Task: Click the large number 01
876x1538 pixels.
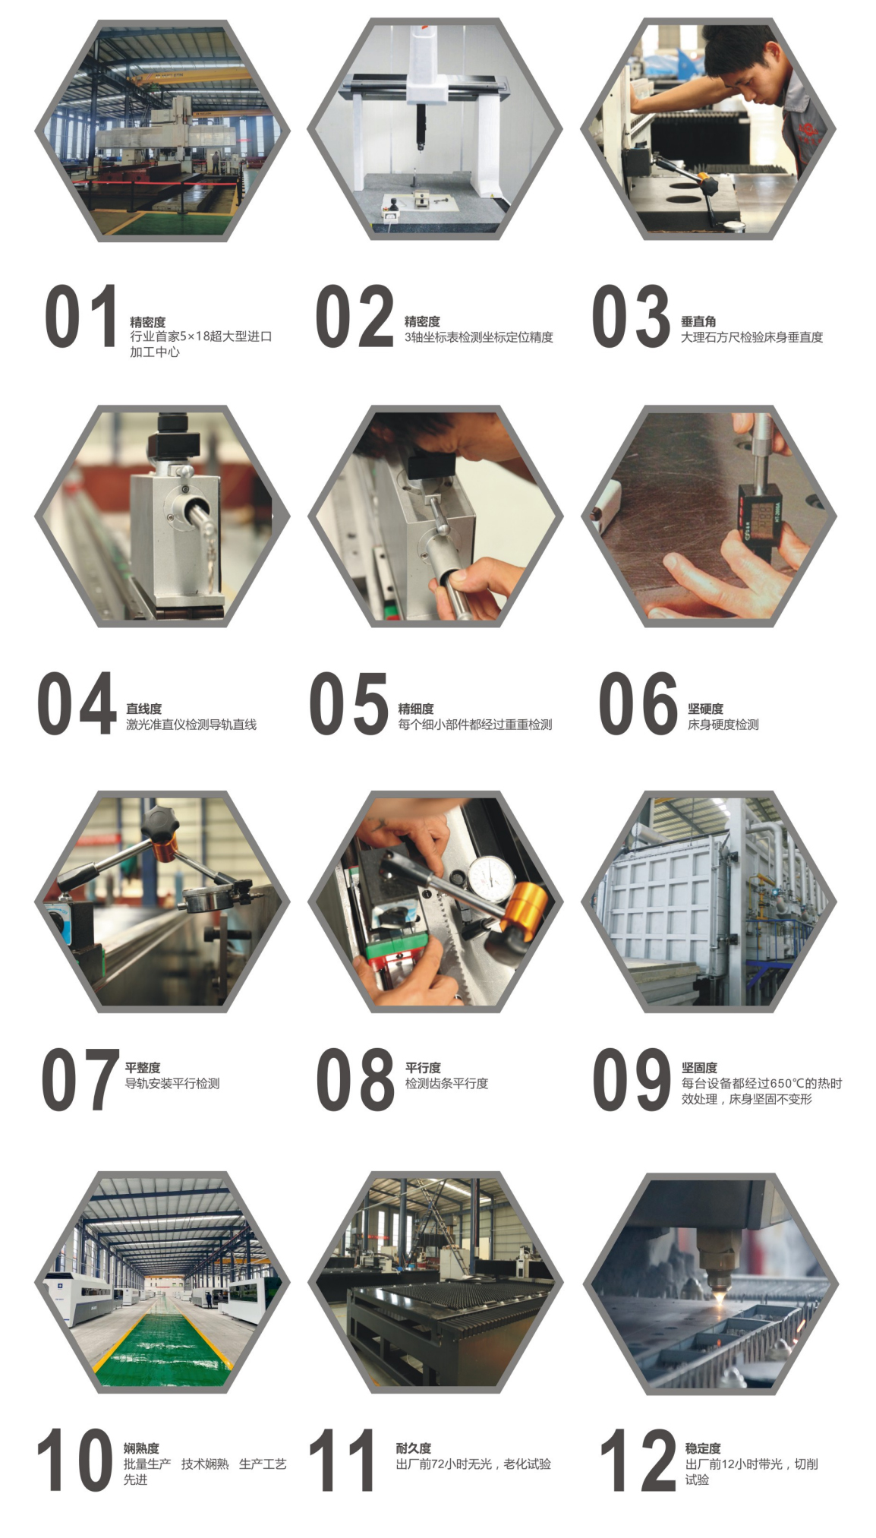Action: pos(80,316)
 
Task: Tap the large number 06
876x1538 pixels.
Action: pos(637,703)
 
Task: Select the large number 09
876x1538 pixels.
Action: pos(631,1079)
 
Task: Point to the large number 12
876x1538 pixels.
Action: pos(637,1460)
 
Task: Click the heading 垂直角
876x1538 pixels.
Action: pos(698,321)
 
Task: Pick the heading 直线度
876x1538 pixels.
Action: pos(143,709)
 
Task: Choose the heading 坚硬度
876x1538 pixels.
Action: pos(705,709)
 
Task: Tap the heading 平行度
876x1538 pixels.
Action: pos(423,1068)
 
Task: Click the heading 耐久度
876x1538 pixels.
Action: pos(413,1448)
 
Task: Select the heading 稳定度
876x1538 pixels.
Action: pos(703,1448)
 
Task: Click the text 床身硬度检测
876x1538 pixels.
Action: pos(723,725)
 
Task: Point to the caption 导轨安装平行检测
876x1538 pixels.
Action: pos(172,1084)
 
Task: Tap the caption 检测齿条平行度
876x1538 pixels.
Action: pos(446,1084)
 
